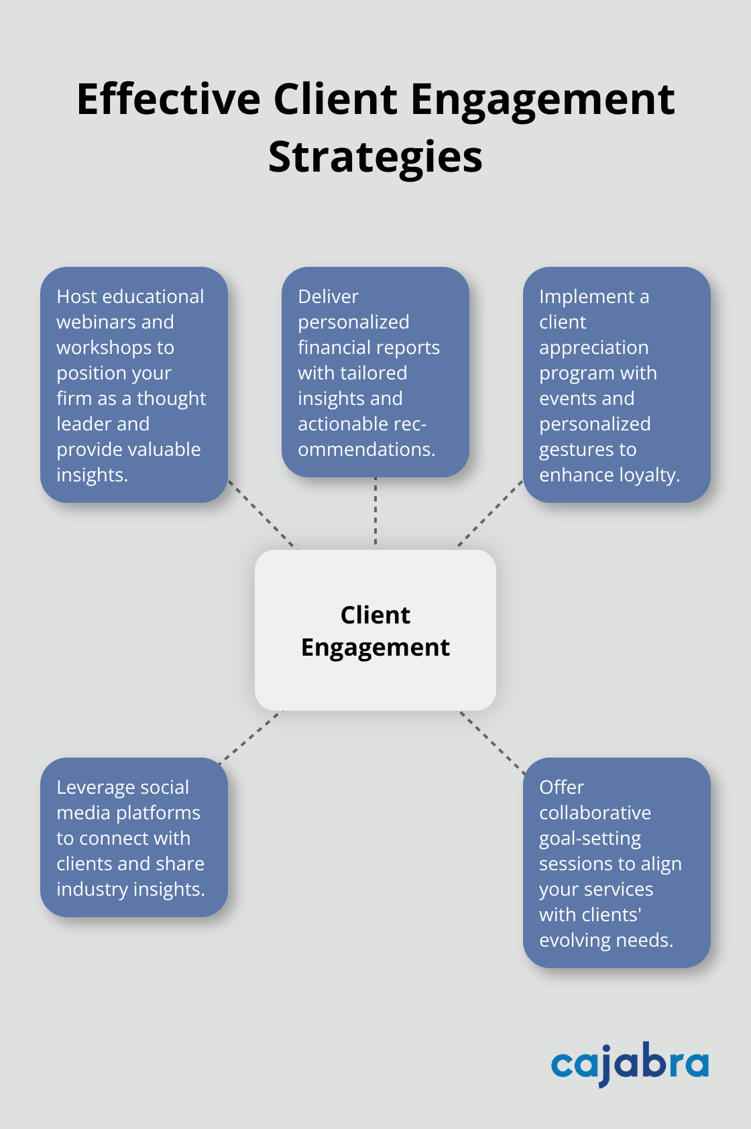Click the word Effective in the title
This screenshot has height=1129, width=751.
168,100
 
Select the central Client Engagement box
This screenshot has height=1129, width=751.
375,630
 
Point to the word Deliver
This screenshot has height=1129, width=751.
328,297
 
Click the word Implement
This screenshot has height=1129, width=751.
587,297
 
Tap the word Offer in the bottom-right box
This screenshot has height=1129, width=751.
561,788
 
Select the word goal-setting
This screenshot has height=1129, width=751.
590,839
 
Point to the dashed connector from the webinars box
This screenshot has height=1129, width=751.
262,514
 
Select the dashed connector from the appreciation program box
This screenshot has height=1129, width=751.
489,514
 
